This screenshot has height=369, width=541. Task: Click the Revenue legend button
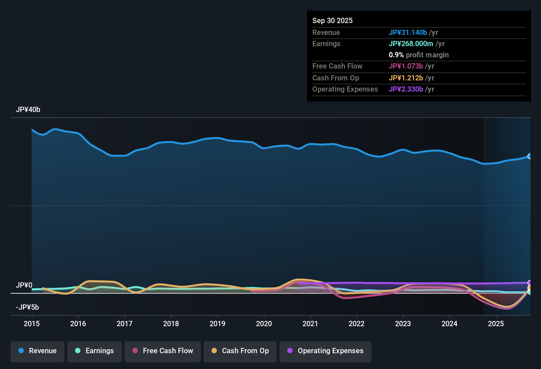pos(38,351)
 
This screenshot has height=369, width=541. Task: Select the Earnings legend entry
pos(95,351)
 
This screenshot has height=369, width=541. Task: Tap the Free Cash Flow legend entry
pos(163,351)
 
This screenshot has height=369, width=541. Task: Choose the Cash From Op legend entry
pos(240,351)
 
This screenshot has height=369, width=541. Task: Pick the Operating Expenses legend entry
pos(326,351)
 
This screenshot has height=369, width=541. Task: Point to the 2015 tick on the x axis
pos(32,324)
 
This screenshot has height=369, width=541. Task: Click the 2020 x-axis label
pos(264,324)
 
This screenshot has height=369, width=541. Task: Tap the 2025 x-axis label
pos(496,324)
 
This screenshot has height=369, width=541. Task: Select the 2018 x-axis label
pos(171,324)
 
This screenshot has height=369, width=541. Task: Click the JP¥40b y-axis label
pos(28,110)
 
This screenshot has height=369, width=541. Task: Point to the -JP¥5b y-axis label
pos(27,307)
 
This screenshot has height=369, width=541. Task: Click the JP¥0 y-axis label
pos(24,285)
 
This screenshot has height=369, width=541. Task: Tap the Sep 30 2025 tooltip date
pos(332,20)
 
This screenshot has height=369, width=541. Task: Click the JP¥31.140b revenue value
pos(408,32)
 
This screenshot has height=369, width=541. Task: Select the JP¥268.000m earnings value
pos(411,43)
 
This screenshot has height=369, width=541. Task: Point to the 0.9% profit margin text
pos(419,55)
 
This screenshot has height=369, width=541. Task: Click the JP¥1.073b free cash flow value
pos(406,66)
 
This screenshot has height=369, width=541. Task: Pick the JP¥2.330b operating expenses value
pos(406,89)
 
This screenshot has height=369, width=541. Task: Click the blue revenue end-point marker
pos(530,156)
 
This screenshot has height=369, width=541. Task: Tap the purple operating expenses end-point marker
pos(530,283)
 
